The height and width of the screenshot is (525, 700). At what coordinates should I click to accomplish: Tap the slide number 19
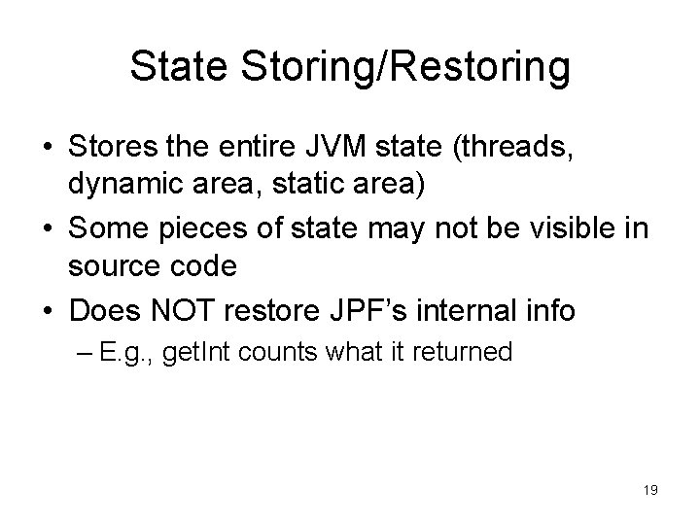point(649,491)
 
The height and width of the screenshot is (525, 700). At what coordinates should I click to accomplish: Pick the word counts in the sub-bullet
point(300,351)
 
